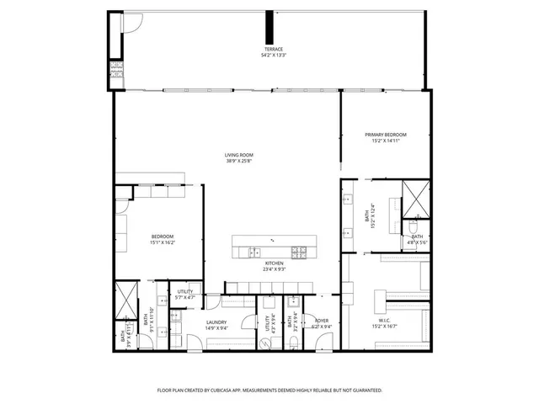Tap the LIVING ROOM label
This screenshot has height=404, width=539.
pyautogui.click(x=239, y=155)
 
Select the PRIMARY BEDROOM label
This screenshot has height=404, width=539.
pyautogui.click(x=386, y=135)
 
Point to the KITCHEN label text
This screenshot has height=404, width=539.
pyautogui.click(x=274, y=263)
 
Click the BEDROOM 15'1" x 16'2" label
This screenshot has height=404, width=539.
pyautogui.click(x=162, y=236)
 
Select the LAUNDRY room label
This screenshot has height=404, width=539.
pyautogui.click(x=217, y=322)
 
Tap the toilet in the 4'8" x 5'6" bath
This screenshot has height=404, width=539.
pyautogui.click(x=414, y=226)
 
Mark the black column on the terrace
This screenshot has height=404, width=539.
pyautogui.click(x=269, y=26)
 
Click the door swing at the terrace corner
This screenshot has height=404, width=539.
pyautogui.click(x=128, y=27)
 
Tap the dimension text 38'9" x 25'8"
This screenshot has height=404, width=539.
pyautogui.click(x=239, y=162)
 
